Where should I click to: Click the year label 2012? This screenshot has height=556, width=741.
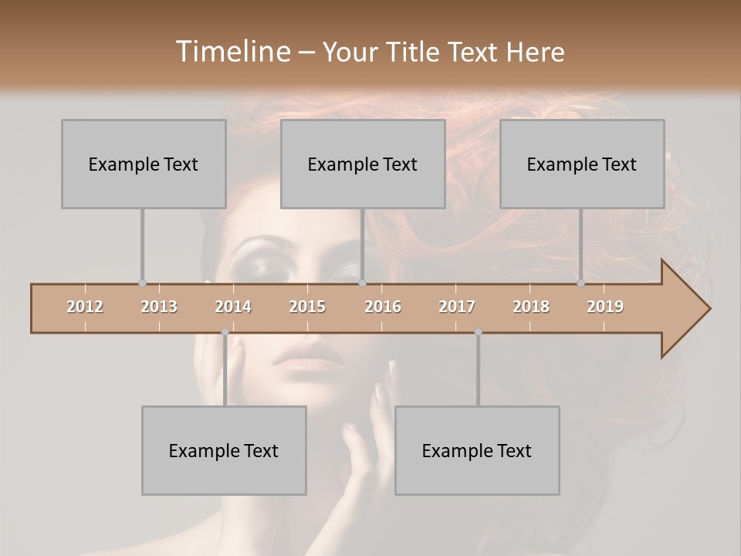pos(85,307)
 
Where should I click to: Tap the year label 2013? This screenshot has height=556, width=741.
pos(159,307)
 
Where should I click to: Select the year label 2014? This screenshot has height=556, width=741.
pos(233,307)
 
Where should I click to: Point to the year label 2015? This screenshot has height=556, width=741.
pos(307,307)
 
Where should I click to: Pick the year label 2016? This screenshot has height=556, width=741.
pos(383,307)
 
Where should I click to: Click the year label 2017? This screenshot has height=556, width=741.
pos(457,307)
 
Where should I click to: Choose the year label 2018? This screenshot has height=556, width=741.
pos(531,307)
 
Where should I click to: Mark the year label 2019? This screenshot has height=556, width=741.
pos(605,307)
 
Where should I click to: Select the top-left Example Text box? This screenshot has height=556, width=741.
pos(144,164)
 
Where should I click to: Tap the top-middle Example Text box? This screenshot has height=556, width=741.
pos(363,164)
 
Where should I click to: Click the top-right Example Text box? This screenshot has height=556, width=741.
pos(582,164)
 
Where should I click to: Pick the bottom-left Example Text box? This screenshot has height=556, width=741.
pos(224,450)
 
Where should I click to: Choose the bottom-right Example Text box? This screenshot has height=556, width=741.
pos(477,450)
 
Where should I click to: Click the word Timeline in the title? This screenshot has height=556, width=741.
pos(232,52)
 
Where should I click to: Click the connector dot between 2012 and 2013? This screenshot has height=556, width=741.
pos(142,283)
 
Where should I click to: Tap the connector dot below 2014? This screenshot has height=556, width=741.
pos(225,332)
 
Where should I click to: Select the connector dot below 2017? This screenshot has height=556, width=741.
pos(478,332)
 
